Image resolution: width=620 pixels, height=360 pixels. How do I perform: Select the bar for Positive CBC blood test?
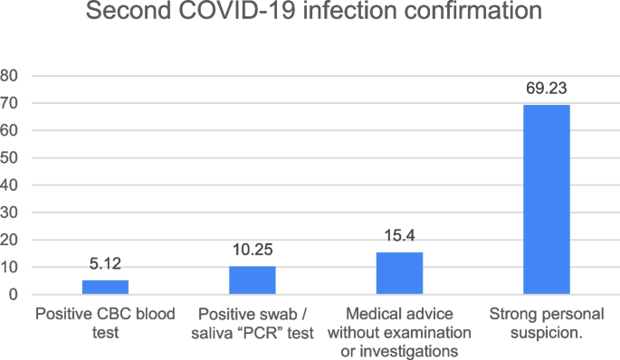pyautogui.click(x=105, y=287)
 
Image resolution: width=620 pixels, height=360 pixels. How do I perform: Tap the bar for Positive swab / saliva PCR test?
pyautogui.click(x=252, y=280)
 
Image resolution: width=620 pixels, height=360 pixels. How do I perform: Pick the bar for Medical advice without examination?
pyautogui.click(x=399, y=273)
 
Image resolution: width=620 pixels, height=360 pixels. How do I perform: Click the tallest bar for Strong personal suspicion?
pyautogui.click(x=547, y=200)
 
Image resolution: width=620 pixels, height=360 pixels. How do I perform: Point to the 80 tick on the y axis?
pyautogui.click(x=10, y=76)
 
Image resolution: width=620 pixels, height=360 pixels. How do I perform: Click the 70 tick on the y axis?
pyautogui.click(x=10, y=103)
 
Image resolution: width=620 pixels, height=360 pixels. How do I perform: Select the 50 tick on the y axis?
pyautogui.click(x=10, y=158)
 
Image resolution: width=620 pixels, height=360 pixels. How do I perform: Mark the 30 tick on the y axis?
pyautogui.click(x=10, y=213)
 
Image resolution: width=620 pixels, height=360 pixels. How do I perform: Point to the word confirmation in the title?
pyautogui.click(x=463, y=14)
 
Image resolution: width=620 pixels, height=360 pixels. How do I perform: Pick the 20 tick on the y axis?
pyautogui.click(x=10, y=240)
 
